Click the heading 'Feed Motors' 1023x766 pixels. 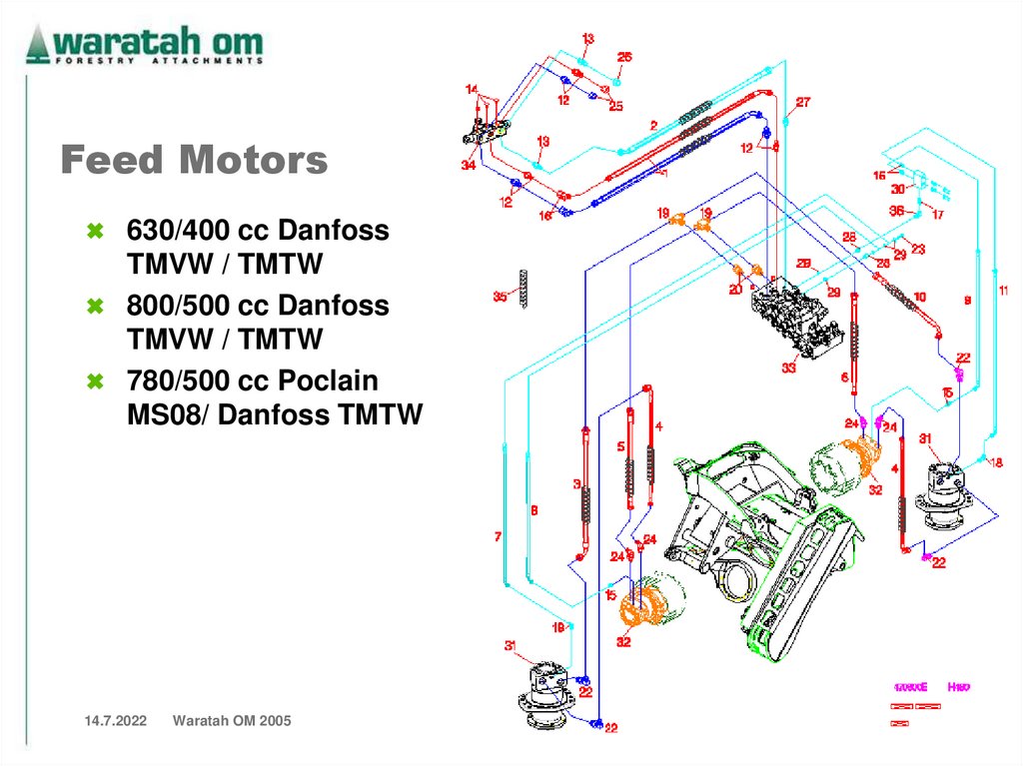[194, 161]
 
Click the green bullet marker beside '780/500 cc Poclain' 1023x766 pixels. [95, 381]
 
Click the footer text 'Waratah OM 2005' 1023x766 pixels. [232, 720]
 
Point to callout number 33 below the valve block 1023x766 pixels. [789, 368]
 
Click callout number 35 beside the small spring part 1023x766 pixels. [501, 297]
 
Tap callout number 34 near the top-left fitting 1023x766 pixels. [468, 166]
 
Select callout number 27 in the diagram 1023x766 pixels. [802, 102]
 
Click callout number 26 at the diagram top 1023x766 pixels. [623, 58]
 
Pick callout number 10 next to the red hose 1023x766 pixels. [919, 297]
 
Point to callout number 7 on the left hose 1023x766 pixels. [498, 537]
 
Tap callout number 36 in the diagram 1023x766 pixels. [896, 211]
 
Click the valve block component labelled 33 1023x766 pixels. [793, 320]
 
